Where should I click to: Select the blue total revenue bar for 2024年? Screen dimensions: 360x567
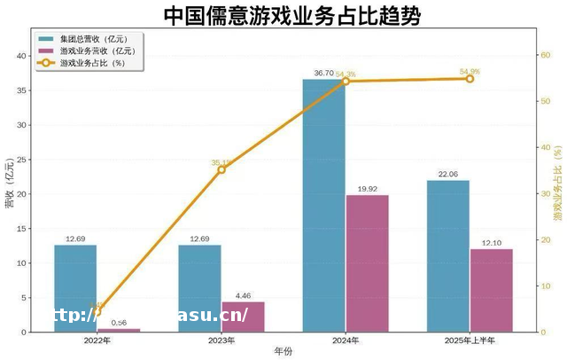click(x=323, y=205)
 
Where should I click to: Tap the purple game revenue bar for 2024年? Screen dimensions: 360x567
click(x=367, y=262)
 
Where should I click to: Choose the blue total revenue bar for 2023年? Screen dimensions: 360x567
click(x=199, y=287)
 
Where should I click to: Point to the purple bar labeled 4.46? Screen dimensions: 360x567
click(x=243, y=317)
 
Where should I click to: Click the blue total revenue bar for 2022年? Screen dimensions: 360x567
click(x=75, y=287)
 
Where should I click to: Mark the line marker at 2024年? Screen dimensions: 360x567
click(x=346, y=81)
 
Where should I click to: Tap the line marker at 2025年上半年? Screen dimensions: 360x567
click(x=470, y=79)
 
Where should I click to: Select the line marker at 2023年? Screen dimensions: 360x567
click(x=221, y=169)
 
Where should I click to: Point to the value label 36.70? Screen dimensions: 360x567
click(x=323, y=72)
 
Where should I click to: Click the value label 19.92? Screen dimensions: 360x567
click(x=367, y=188)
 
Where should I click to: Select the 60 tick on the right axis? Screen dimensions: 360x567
click(x=545, y=55)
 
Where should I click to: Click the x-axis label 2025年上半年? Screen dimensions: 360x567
click(x=470, y=341)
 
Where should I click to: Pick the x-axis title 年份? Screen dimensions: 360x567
click(x=283, y=352)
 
